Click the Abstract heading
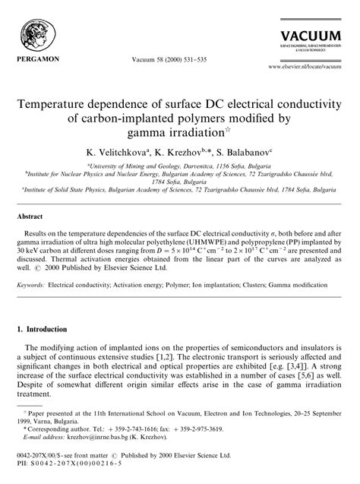pos(30,216)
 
